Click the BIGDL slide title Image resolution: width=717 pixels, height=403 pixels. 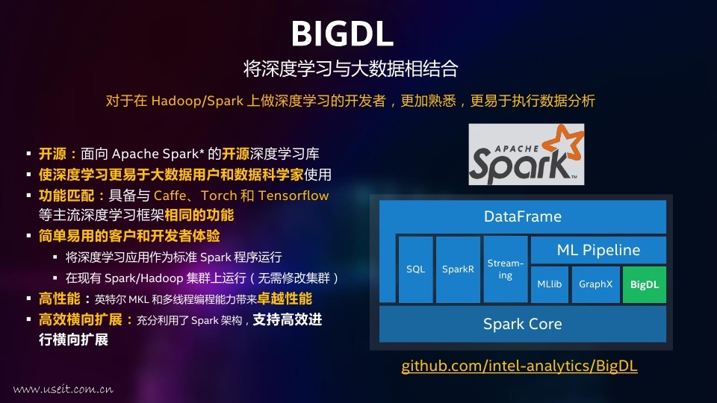(342, 34)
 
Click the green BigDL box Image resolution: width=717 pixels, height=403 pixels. (645, 284)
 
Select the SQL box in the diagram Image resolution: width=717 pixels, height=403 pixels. (416, 269)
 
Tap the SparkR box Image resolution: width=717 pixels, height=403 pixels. (458, 269)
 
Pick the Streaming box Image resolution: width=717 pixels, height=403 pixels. (506, 269)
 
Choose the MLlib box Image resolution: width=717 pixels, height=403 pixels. (549, 284)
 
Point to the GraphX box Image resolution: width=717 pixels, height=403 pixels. (595, 284)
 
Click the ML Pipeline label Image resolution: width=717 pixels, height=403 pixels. (598, 250)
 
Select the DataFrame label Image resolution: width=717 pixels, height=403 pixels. (523, 216)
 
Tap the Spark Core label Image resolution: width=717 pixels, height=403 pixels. (523, 324)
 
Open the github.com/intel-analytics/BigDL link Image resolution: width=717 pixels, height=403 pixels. (520, 366)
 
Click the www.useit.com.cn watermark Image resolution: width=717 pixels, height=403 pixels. (63, 390)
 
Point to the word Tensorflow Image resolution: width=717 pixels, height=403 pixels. (294, 196)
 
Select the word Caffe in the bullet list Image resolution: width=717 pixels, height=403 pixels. (170, 196)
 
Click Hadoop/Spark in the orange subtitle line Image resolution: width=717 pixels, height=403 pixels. (197, 101)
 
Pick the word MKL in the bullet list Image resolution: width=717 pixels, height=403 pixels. (138, 299)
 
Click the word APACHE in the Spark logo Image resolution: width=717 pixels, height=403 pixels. (517, 149)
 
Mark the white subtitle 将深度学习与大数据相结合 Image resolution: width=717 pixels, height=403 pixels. (351, 69)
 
